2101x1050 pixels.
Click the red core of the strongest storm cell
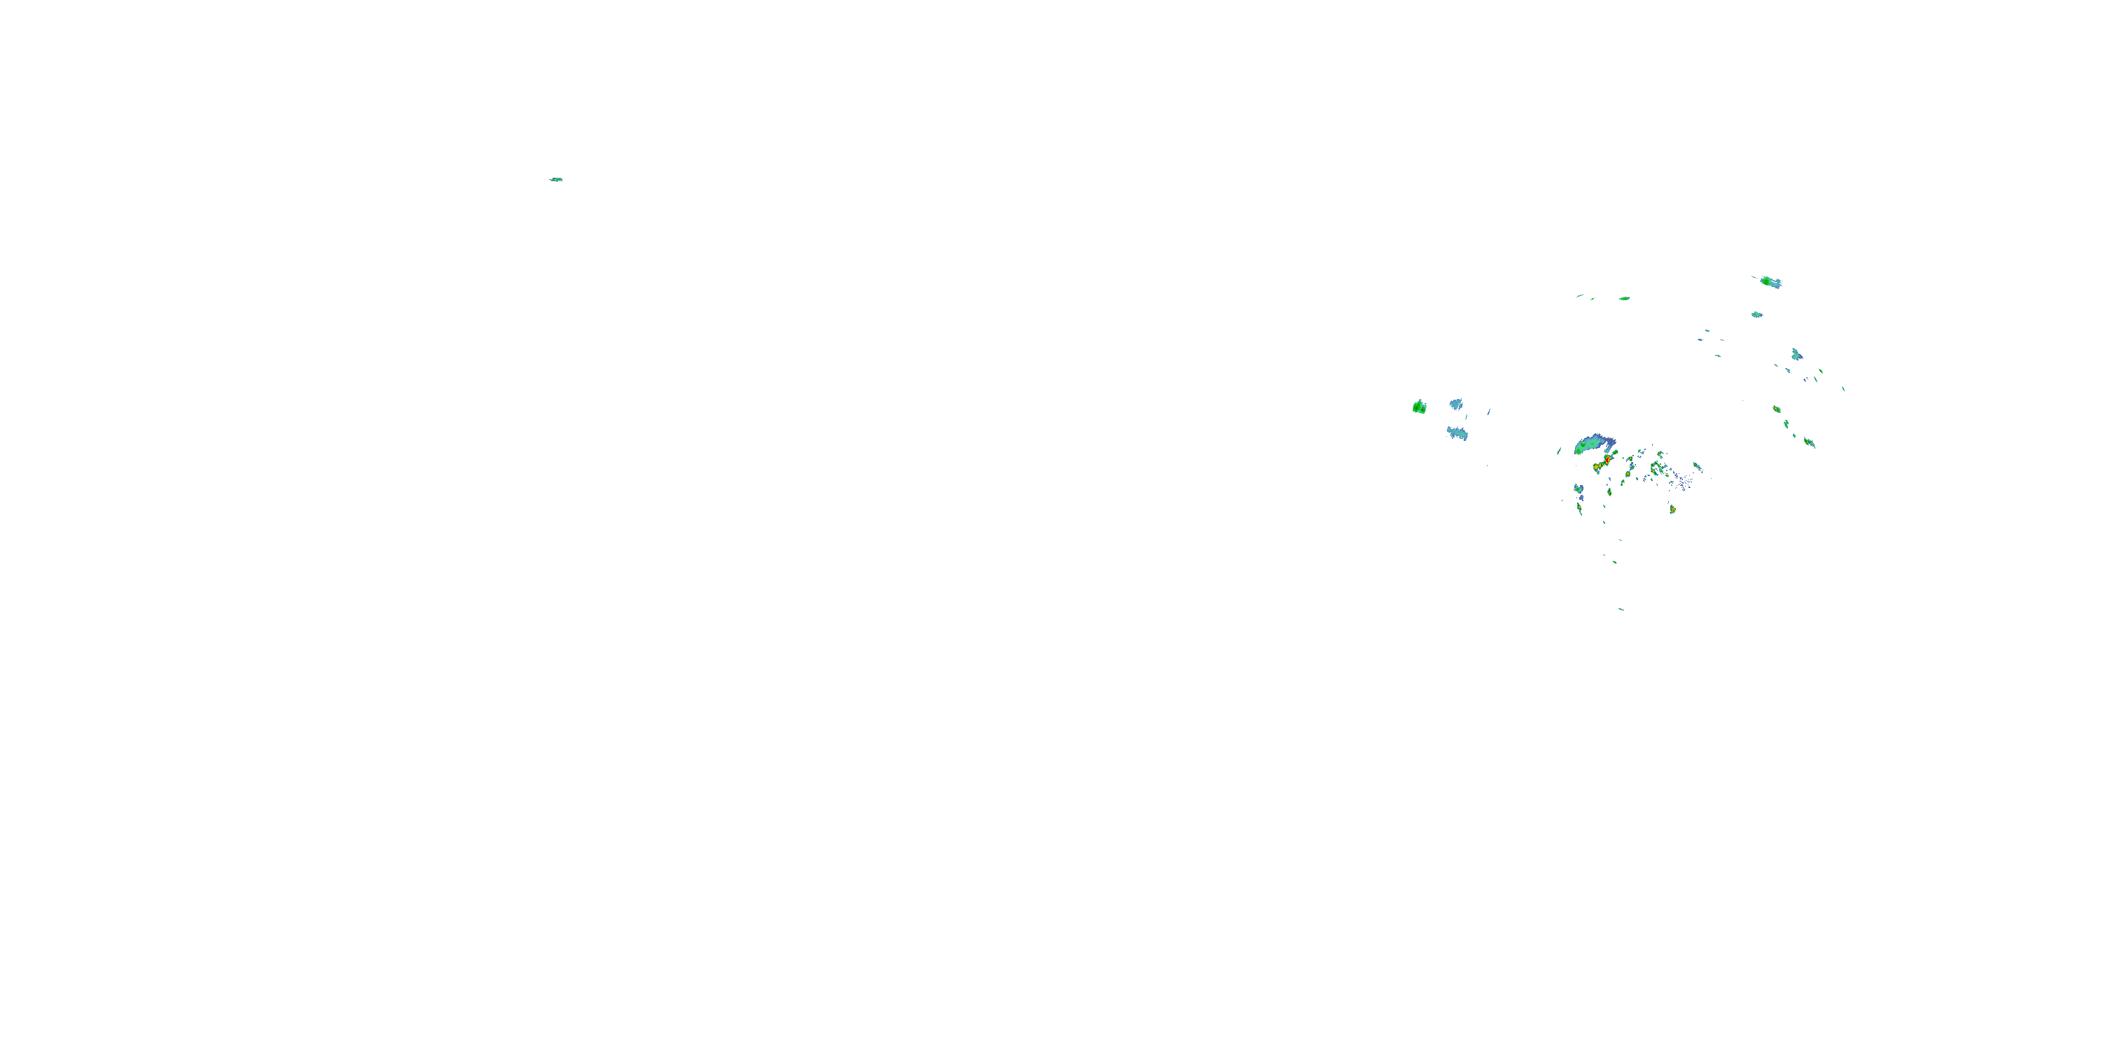(1607, 460)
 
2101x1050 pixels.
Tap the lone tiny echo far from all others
(555, 179)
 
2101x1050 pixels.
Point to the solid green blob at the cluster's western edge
(1419, 407)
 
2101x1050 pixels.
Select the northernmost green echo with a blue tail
(1769, 282)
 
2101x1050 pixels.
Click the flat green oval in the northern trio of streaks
(1624, 298)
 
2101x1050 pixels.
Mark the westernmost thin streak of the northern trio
(1580, 296)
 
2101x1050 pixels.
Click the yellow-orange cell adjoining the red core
(1596, 468)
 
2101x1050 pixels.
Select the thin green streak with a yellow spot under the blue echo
(1580, 509)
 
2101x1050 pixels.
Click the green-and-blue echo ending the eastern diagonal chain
(1809, 442)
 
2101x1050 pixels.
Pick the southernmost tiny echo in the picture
(1621, 609)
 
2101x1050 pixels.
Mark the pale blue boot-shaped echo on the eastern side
(1796, 355)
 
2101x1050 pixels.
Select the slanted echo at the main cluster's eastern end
(1698, 467)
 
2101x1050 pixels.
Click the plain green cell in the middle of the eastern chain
(1786, 424)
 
